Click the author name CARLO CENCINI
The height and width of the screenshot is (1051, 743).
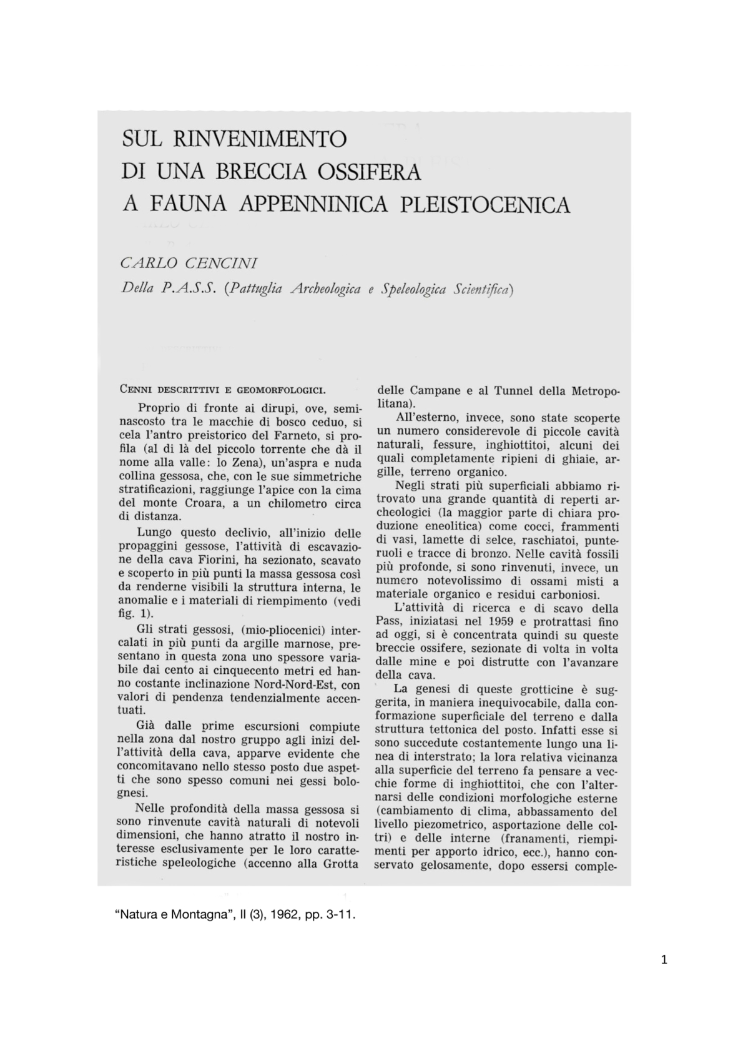189,264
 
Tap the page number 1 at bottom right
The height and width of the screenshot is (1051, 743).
664,960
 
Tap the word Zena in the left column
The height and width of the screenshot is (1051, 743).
234,463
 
